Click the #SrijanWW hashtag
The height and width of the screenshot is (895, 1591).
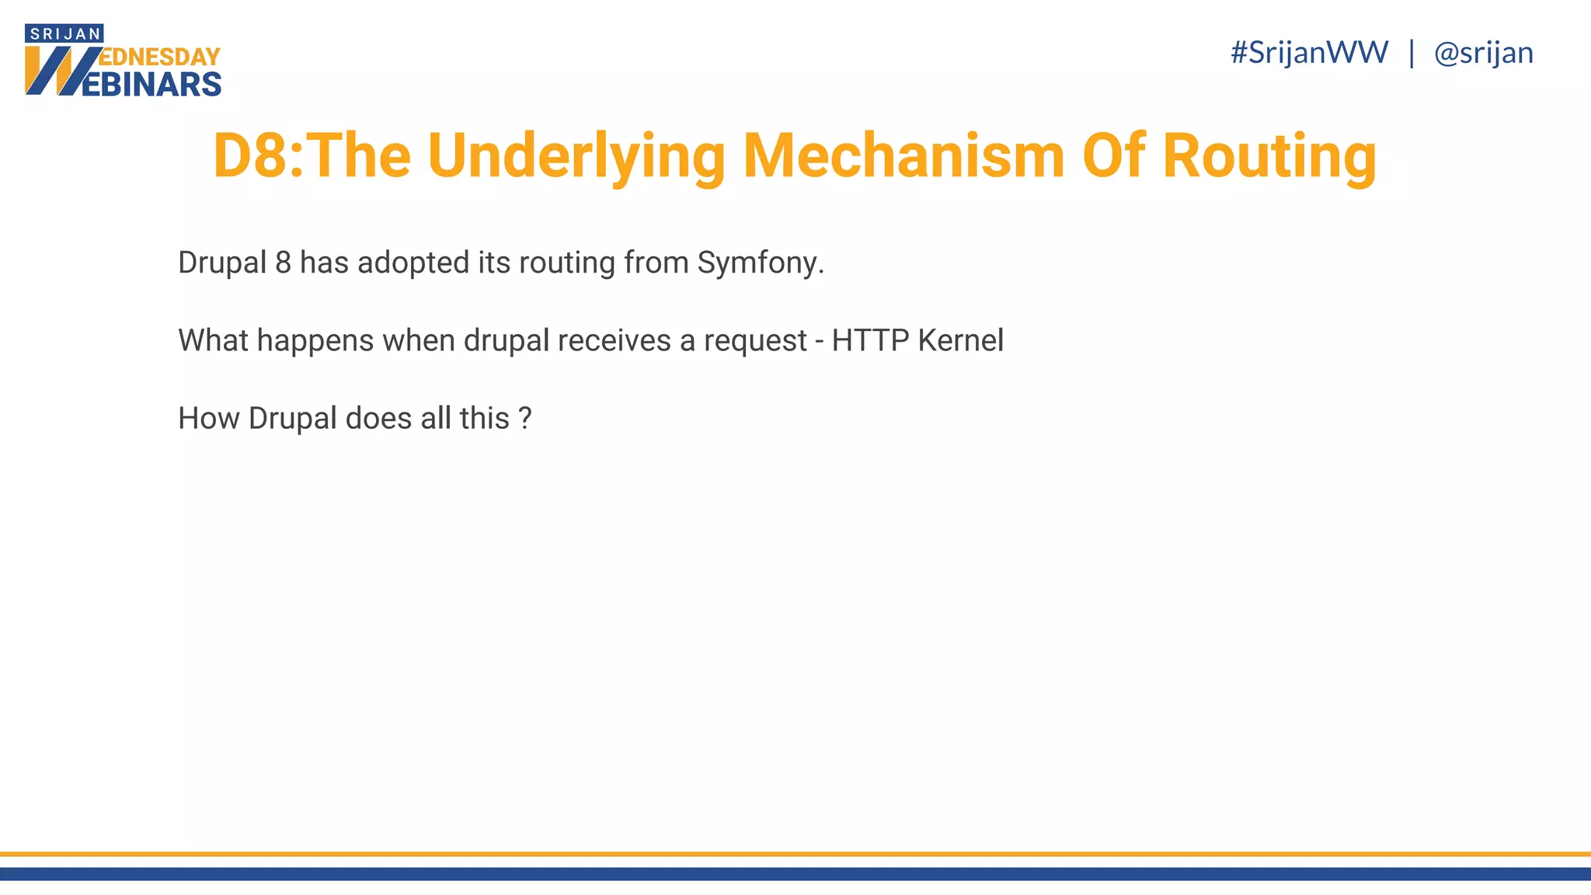[1309, 53]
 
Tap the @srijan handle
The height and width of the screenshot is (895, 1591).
[1483, 53]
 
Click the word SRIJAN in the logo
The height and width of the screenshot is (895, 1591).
[64, 33]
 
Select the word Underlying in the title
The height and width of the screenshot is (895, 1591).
[576, 156]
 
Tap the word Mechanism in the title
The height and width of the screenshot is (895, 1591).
[903, 156]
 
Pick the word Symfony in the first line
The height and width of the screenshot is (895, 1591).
[760, 263]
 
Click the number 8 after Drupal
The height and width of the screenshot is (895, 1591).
[284, 263]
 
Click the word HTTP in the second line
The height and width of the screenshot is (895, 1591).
[870, 340]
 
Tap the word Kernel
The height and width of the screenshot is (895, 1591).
[961, 340]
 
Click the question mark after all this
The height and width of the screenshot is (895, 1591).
[525, 419]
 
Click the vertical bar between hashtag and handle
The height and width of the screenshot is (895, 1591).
[1412, 53]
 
